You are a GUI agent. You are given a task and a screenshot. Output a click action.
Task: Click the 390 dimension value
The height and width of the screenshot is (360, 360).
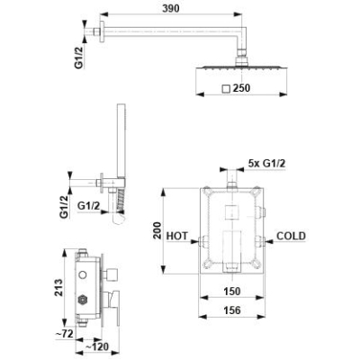click(171, 9)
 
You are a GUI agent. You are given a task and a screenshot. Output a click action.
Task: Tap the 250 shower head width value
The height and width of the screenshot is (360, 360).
click(241, 88)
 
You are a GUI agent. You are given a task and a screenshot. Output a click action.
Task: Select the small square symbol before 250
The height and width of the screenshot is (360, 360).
click(226, 89)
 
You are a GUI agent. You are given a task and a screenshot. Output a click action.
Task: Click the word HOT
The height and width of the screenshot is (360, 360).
click(177, 236)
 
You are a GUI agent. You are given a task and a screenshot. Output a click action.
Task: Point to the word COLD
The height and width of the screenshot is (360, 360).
click(291, 236)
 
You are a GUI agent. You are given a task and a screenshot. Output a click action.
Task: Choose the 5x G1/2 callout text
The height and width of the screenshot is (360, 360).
click(266, 164)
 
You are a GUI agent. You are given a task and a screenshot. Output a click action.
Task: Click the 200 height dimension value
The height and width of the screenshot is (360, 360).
click(157, 230)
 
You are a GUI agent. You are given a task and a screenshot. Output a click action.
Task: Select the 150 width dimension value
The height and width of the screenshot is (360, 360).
click(232, 291)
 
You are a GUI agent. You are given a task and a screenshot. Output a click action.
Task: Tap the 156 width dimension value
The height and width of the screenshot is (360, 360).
click(232, 310)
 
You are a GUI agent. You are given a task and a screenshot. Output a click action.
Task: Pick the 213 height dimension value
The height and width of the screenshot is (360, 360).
click(59, 288)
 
